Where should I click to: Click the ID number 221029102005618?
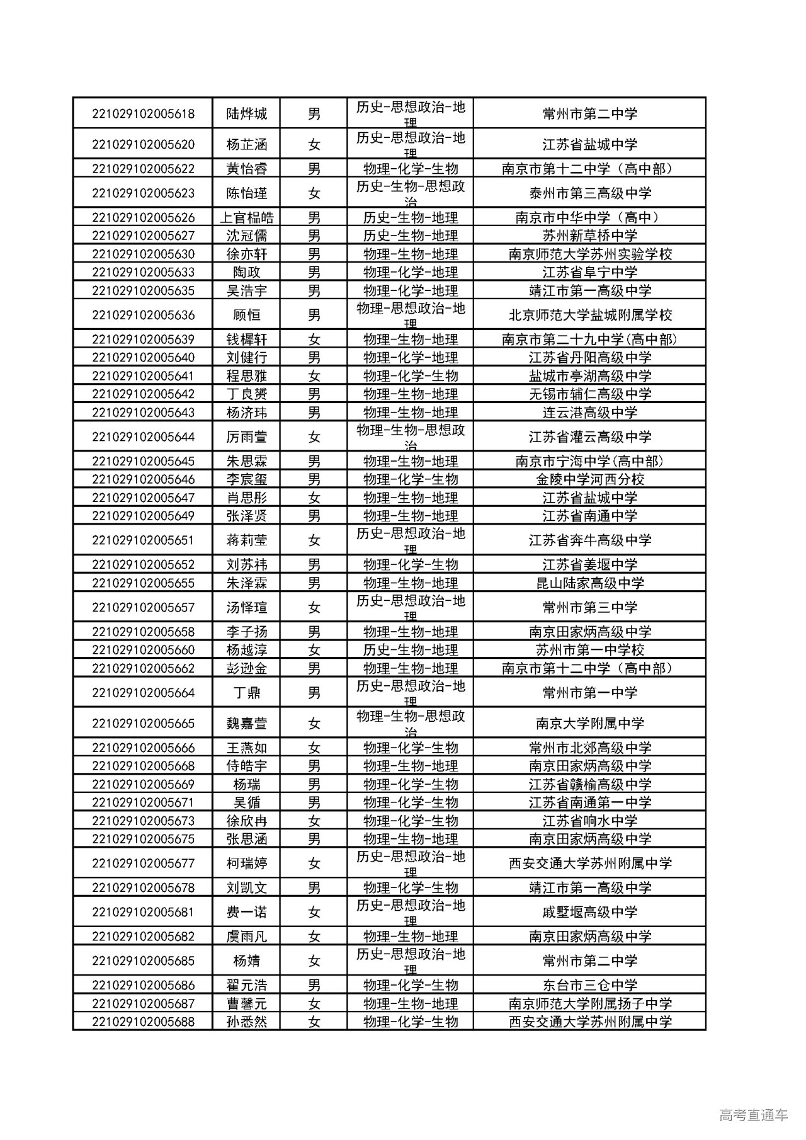143,114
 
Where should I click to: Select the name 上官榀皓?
247,218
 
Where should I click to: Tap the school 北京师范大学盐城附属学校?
590,315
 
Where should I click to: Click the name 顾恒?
247,315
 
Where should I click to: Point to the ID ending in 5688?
143,1022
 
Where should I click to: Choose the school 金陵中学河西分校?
590,479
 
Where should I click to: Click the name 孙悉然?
247,1022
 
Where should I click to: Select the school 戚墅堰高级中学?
590,912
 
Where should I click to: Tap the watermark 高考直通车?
753,1115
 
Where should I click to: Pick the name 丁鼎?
247,693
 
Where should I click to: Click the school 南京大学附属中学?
590,724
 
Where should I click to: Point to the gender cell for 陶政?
314,272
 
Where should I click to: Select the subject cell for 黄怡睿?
411,169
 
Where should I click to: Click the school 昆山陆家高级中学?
590,583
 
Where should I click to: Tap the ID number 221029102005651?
143,540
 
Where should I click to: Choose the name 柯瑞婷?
247,864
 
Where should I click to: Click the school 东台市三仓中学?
590,985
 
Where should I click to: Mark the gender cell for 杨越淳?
314,650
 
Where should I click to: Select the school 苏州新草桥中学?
590,236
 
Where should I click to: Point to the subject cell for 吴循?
411,802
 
